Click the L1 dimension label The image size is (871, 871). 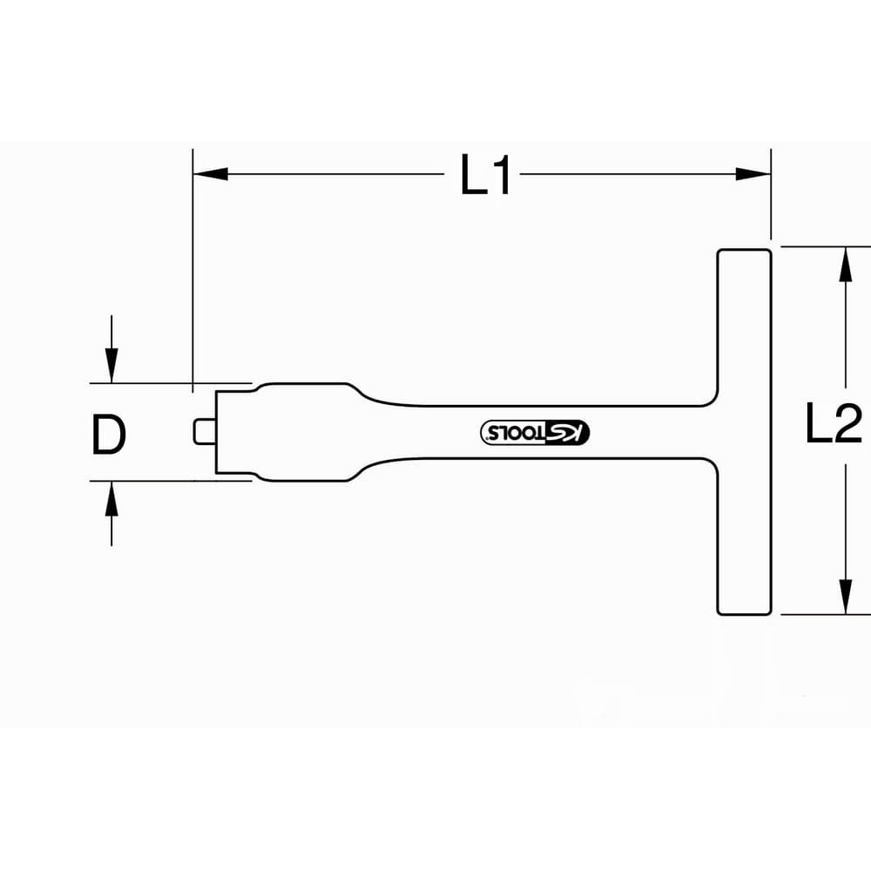(485, 175)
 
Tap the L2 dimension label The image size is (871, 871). (834, 423)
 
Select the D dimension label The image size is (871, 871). (109, 435)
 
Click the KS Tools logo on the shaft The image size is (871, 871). (535, 432)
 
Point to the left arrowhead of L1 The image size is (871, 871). (211, 174)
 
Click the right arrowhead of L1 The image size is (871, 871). (753, 174)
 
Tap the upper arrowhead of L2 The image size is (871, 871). (846, 265)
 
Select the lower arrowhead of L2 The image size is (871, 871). (846, 597)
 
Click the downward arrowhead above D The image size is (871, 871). (111, 366)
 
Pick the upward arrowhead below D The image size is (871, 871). (111, 499)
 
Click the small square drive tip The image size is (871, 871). (205, 432)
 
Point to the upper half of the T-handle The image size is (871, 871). (745, 327)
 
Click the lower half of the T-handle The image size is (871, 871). (745, 537)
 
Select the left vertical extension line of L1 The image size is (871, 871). (192, 271)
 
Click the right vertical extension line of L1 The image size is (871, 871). (771, 194)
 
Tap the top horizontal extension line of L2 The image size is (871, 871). (826, 246)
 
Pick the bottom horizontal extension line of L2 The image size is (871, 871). (826, 615)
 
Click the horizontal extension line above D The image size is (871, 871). (171, 383)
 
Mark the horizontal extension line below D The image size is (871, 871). (171, 481)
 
